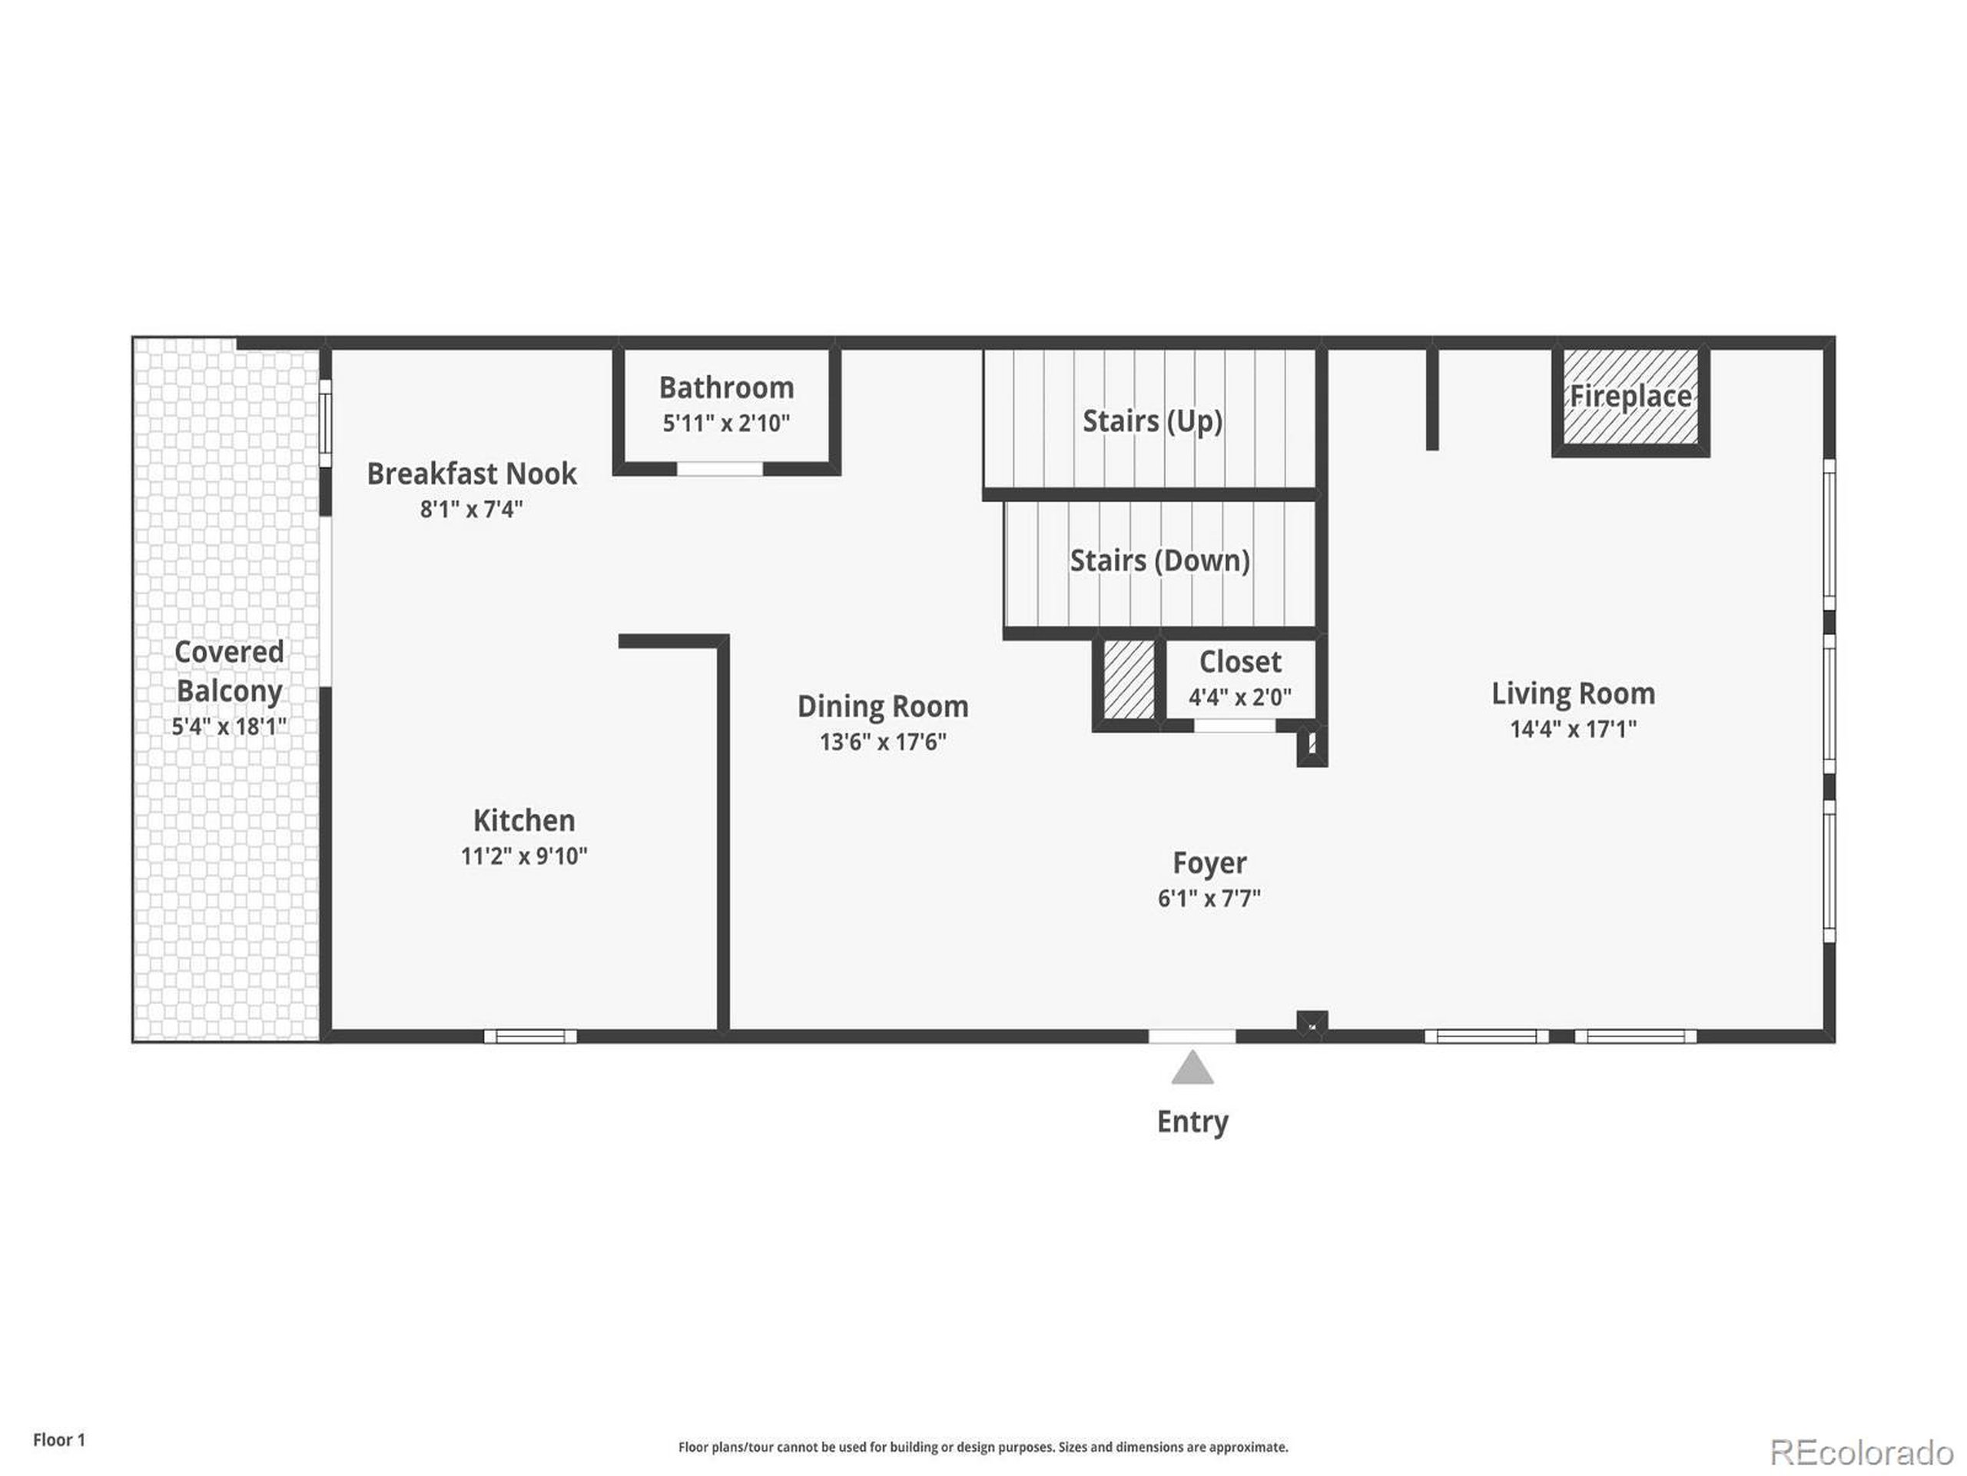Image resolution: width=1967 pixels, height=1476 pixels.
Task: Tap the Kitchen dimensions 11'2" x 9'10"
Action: coord(524,856)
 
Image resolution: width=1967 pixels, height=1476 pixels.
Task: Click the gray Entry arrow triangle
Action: coord(1192,1069)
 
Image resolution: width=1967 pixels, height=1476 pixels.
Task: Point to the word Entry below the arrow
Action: coord(1192,1122)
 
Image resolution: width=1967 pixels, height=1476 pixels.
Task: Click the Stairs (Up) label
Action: coord(1152,421)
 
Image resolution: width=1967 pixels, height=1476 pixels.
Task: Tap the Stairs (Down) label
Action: coord(1159,560)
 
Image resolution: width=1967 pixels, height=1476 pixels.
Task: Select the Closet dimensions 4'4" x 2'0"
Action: coord(1239,696)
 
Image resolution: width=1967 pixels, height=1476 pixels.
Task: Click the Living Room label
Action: coord(1572,694)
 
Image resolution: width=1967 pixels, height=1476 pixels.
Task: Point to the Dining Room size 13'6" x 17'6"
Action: coord(882,742)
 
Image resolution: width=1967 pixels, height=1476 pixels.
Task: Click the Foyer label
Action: coord(1209,863)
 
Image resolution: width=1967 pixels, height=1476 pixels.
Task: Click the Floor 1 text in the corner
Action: coord(58,1440)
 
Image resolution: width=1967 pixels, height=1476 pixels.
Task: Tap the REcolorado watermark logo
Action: coord(1860,1453)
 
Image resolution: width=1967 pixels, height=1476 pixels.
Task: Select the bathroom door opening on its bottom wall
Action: coord(719,469)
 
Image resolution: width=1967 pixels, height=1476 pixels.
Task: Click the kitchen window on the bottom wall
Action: coord(530,1036)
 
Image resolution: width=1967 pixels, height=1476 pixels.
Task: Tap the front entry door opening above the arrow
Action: coord(1192,1036)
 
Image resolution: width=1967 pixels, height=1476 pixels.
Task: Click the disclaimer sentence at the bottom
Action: coord(983,1448)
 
